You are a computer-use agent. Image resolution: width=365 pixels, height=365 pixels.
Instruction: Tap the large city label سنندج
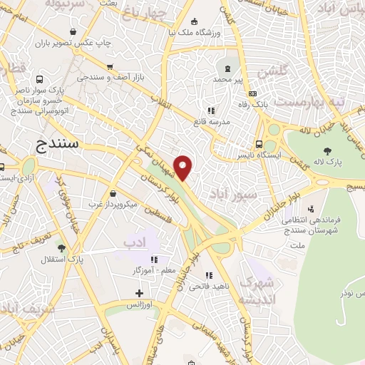(60, 145)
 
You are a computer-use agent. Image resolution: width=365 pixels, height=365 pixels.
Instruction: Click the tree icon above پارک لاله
(327, 150)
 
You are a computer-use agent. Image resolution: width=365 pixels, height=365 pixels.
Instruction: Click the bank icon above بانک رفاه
(252, 93)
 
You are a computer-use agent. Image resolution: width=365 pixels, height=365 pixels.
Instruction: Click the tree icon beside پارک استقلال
(61, 248)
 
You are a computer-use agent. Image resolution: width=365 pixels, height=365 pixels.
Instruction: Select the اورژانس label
(140, 305)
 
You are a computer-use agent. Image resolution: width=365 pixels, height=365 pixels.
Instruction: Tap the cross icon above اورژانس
(139, 293)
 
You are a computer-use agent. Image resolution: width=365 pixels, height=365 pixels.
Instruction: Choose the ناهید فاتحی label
(205, 286)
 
